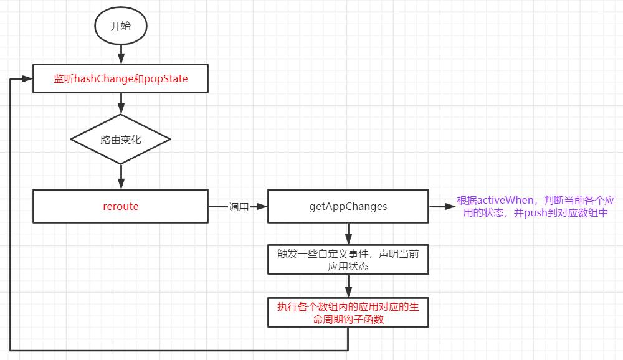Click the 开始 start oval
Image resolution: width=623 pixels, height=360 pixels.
point(120,26)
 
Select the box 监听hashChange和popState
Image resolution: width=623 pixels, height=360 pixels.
point(120,79)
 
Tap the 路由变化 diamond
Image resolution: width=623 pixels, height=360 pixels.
point(120,140)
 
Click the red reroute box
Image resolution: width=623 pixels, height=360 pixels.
point(120,206)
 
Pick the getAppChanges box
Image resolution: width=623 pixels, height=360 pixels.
point(348,206)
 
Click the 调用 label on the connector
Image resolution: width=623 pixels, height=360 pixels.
point(239,207)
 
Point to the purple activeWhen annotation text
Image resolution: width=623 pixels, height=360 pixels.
point(535,207)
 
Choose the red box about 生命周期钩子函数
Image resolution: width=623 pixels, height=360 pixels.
point(348,313)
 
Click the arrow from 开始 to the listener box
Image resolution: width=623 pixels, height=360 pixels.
point(120,55)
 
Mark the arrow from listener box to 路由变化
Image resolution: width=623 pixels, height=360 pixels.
point(120,103)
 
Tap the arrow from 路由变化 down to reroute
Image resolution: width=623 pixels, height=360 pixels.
point(120,178)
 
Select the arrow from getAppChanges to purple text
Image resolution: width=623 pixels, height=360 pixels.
point(442,207)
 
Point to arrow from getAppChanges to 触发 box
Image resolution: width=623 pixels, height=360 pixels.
point(348,234)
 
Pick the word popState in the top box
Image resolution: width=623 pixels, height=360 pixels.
point(166,79)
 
